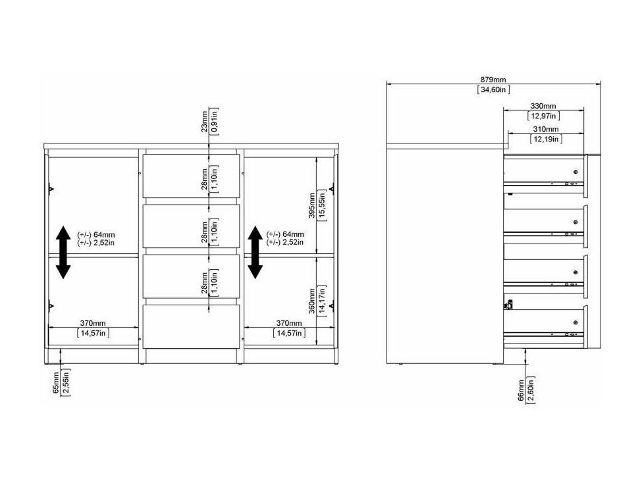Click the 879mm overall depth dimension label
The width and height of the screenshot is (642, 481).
[493, 80]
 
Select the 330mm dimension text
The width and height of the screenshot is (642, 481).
[543, 107]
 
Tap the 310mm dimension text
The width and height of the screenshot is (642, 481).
[546, 129]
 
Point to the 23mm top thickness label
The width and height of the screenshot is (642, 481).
[204, 122]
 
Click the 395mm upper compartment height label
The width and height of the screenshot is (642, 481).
[312, 205]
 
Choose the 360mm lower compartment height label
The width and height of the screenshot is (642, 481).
[312, 301]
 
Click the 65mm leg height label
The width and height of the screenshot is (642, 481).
[56, 383]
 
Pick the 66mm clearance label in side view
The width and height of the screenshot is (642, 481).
[522, 390]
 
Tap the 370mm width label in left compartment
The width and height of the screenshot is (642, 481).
[93, 323]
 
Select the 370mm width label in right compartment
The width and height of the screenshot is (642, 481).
[288, 323]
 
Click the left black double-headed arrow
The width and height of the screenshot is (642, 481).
[63, 253]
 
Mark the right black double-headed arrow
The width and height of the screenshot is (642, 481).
[255, 253]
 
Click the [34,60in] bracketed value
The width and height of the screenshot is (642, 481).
[493, 89]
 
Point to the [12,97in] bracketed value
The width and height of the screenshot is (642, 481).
[544, 116]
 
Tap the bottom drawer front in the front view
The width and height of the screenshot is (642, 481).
[191, 327]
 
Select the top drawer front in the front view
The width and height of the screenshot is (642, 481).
[191, 176]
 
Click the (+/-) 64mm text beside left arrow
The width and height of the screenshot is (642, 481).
[96, 235]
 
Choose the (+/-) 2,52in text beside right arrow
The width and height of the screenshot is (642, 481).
[285, 242]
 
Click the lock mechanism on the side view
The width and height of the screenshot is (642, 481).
[508, 305]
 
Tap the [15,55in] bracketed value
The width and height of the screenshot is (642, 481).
[322, 205]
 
